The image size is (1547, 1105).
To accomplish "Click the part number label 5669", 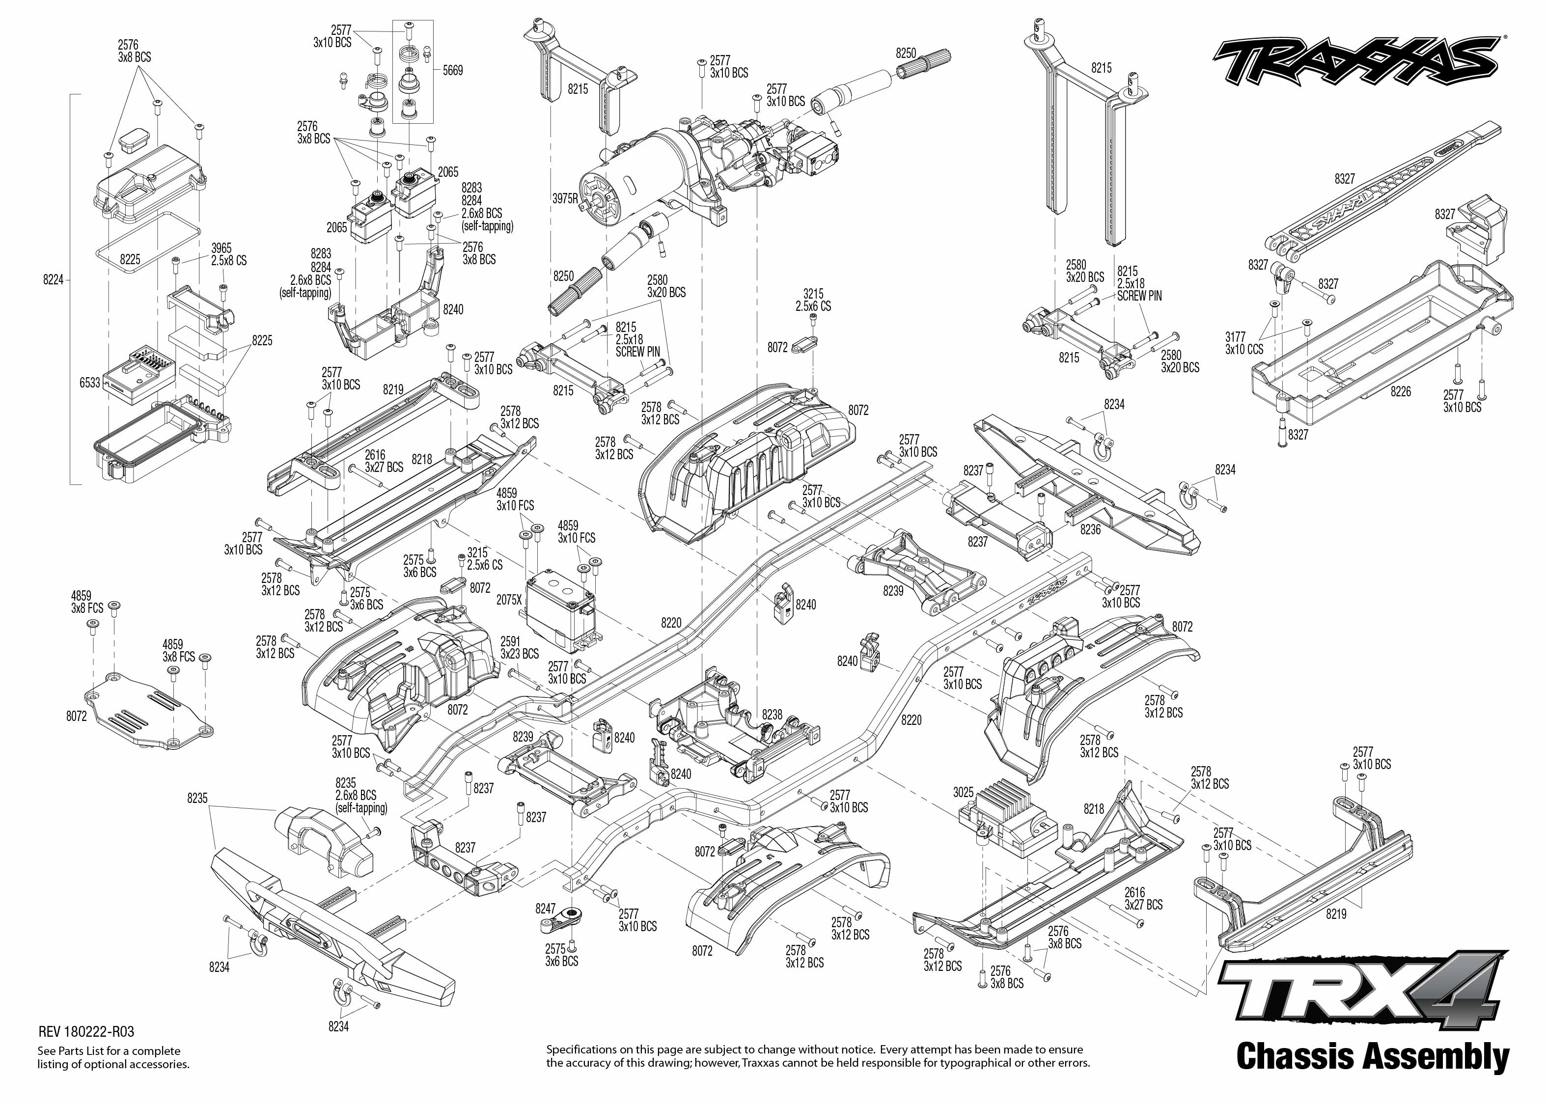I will [x=452, y=70].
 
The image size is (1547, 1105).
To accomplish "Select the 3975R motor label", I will [x=565, y=199].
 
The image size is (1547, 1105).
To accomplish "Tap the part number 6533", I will [x=90, y=383].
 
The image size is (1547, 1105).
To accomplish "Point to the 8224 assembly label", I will [x=53, y=279].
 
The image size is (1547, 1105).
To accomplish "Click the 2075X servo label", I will [x=509, y=600].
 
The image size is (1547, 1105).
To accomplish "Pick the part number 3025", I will [x=963, y=793].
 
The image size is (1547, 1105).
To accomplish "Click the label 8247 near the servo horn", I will [x=546, y=909].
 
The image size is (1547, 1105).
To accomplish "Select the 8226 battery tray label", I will [x=1401, y=392].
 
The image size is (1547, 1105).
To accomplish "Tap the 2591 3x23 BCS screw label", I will [x=520, y=648].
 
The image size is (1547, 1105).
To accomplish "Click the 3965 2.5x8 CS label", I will [x=228, y=254].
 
